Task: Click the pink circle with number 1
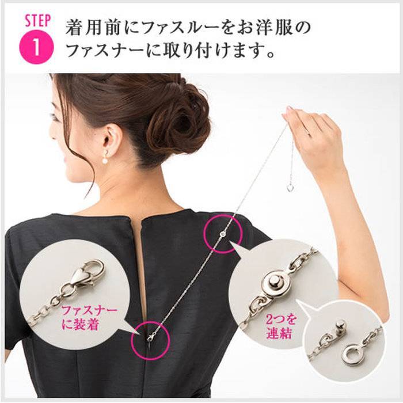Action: click(36, 47)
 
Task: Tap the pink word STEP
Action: click(37, 21)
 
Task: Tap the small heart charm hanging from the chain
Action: click(290, 187)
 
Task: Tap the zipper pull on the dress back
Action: click(150, 339)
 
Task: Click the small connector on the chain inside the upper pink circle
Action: click(223, 234)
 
